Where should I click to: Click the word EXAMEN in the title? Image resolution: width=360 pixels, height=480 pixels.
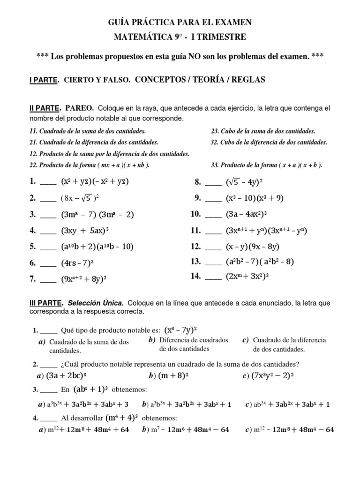click(x=232, y=22)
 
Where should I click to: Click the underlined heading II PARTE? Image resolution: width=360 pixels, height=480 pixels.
click(x=45, y=108)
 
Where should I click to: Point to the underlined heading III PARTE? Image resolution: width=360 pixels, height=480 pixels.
click(x=47, y=303)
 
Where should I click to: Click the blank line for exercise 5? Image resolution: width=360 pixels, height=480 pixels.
click(x=48, y=247)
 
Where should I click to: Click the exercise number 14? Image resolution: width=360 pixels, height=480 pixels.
click(x=195, y=276)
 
